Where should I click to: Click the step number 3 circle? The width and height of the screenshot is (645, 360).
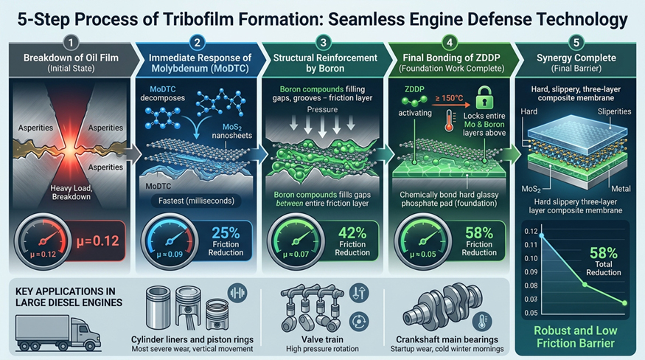(324, 43)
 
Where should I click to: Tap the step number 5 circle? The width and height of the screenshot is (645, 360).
(576, 43)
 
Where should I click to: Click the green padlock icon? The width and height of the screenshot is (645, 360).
(484, 97)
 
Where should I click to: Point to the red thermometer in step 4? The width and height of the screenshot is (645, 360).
(450, 121)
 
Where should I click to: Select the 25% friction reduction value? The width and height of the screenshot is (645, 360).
(226, 233)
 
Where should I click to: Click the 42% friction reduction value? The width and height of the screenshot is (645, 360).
(352, 233)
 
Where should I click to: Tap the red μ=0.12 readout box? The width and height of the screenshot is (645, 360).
(97, 241)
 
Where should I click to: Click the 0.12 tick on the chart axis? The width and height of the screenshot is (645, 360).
(531, 232)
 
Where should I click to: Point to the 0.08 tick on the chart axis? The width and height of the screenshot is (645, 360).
(531, 285)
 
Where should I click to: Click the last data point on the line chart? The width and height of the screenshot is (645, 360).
(625, 303)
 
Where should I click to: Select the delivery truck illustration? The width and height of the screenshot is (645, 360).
(57, 333)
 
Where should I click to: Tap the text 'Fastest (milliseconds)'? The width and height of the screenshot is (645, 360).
(196, 201)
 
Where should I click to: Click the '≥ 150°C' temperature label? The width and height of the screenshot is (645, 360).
(449, 98)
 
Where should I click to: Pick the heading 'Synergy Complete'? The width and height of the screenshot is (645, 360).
(576, 58)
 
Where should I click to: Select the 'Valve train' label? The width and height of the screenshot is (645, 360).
(322, 339)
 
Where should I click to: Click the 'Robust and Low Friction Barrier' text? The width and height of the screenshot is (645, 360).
(576, 337)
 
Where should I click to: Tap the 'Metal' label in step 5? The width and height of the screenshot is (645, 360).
(621, 189)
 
